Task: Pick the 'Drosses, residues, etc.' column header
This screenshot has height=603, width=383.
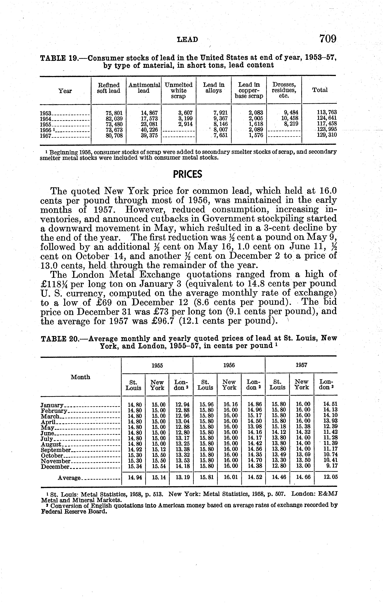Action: (x=284, y=90)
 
